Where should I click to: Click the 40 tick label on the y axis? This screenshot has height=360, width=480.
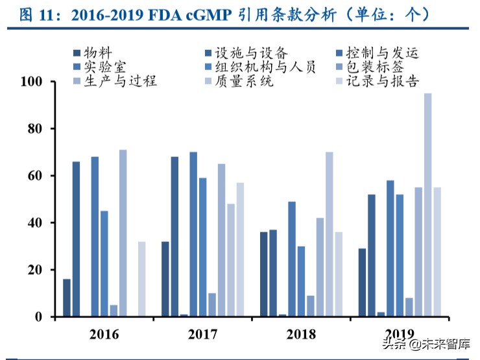pyautogui.click(x=35, y=223)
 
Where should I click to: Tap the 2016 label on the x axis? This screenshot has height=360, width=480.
pyautogui.click(x=104, y=334)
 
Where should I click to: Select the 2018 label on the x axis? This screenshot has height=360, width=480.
pyautogui.click(x=300, y=334)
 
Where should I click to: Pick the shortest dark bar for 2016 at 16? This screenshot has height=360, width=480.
pyautogui.click(x=67, y=298)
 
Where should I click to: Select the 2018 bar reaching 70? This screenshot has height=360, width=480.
pyautogui.click(x=330, y=234)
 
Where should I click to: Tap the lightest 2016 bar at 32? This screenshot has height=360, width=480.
pyautogui.click(x=141, y=279)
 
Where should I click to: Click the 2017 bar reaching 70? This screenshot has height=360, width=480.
pyautogui.click(x=193, y=234)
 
